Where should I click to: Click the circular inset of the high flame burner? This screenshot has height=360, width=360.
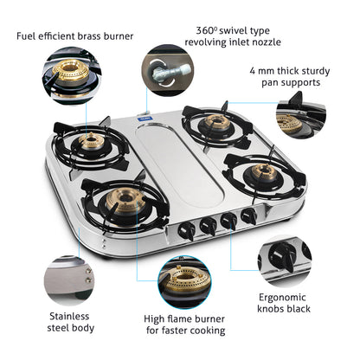tap(183, 282)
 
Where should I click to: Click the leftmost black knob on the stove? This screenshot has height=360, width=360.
tap(185, 229)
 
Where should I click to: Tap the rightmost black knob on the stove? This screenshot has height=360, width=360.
tap(249, 215)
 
